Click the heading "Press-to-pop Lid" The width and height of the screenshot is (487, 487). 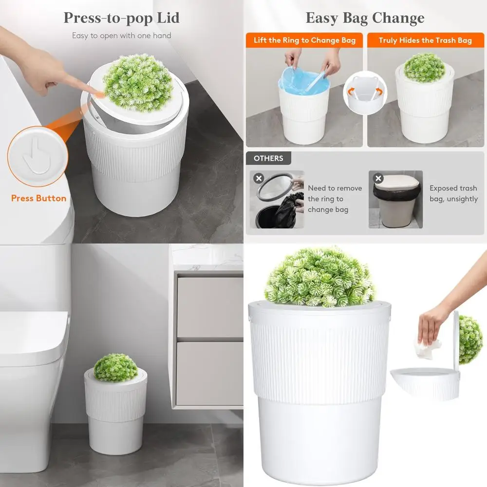tap(122, 18)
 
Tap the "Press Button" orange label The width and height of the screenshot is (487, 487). tap(38, 198)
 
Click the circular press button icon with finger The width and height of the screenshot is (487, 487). tap(37, 157)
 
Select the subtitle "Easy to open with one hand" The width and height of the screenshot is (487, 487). tap(122, 36)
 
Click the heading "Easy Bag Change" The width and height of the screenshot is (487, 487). tap(365, 18)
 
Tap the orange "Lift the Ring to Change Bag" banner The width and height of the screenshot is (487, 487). tap(304, 40)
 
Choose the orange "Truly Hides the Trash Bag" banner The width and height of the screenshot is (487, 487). tap(425, 40)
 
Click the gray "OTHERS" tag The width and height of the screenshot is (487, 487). tap(268, 158)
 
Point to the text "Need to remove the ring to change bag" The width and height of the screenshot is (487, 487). tap(335, 199)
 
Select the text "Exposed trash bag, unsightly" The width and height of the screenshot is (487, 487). tap(453, 193)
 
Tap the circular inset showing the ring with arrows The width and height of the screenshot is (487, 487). tap(365, 93)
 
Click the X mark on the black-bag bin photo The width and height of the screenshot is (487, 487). tap(259, 178)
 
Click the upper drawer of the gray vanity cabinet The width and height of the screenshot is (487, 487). tap(209, 307)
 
